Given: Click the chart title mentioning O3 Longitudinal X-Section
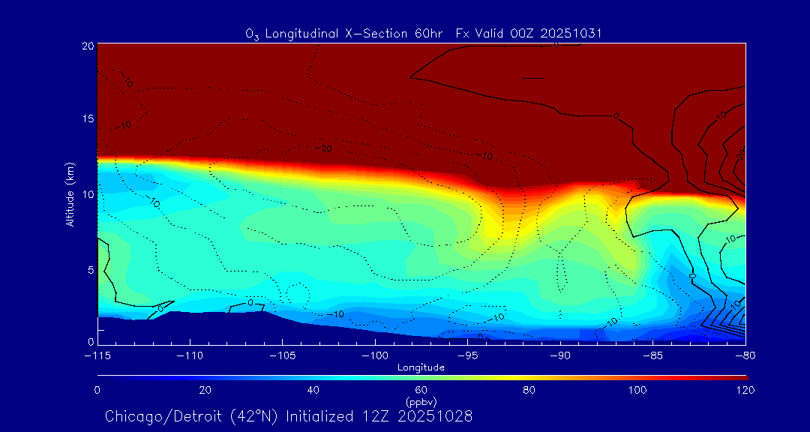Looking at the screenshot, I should (x=424, y=33).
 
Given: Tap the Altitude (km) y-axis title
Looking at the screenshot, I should (x=70, y=194).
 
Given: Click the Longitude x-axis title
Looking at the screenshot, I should (x=421, y=367).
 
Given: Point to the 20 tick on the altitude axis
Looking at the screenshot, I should (x=87, y=46).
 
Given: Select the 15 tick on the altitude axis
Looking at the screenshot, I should (x=87, y=119).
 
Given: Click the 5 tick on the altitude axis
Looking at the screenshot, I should (x=89, y=269).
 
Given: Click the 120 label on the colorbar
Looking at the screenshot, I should (x=745, y=390).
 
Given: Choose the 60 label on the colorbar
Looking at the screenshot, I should (x=421, y=390).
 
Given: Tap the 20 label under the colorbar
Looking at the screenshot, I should (x=205, y=390).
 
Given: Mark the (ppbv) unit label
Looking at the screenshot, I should (x=421, y=401).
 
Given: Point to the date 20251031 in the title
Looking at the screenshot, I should (x=570, y=33).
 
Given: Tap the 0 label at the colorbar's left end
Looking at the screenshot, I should (x=97, y=390).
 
